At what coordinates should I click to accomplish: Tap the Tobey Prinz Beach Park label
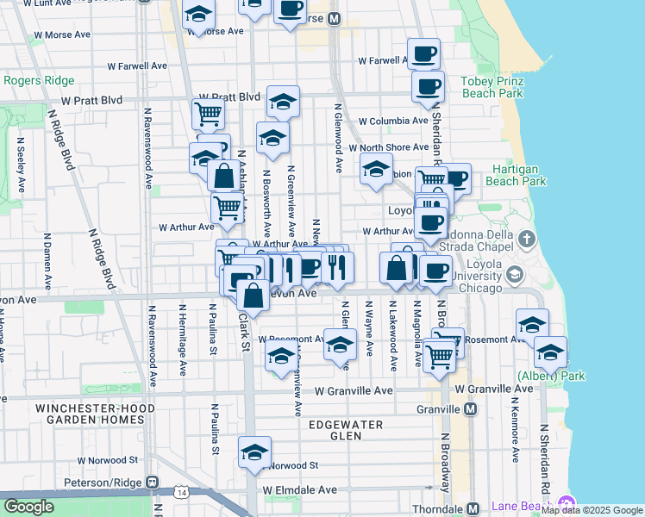(493, 86)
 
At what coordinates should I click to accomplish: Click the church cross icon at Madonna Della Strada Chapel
(527, 238)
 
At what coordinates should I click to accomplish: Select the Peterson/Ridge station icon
(152, 482)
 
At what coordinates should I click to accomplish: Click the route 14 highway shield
(180, 492)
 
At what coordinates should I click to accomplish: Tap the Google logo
(28, 507)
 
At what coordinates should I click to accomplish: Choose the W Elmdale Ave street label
(300, 490)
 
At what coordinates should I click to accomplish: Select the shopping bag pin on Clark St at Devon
(254, 296)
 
